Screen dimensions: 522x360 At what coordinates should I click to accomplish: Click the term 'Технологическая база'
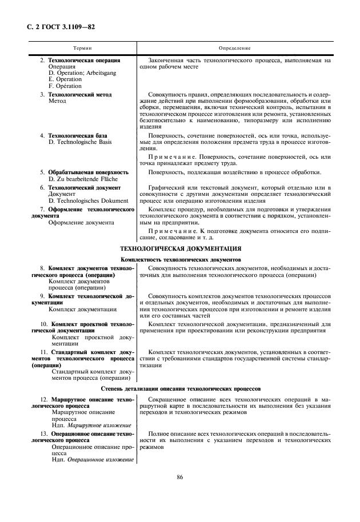(78, 135)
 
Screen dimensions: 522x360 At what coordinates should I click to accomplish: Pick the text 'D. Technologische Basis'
(80, 142)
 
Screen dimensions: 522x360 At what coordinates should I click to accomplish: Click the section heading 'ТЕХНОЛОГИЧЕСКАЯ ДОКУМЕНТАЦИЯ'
(180, 248)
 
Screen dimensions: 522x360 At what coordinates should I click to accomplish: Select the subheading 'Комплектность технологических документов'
(180, 259)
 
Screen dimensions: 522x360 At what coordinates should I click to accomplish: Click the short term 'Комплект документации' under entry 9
(82, 309)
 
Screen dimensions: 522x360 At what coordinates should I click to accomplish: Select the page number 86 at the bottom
(180, 477)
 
